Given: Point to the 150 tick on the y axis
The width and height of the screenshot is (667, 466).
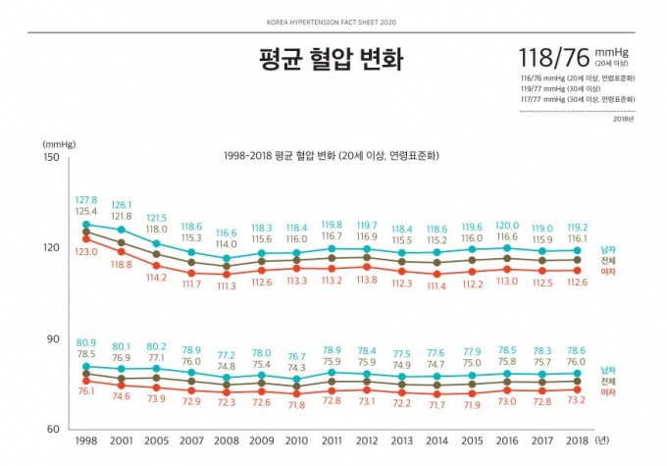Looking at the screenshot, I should point(51,157).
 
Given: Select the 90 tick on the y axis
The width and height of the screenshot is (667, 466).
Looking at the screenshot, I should point(54,338).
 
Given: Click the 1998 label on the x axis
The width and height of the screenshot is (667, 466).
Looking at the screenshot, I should point(86,442).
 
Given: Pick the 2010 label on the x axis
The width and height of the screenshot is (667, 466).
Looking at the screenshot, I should point(297,442).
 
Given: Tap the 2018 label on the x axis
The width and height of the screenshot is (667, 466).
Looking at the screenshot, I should point(578,442).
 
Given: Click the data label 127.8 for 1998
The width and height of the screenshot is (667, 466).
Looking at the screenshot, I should point(86,200).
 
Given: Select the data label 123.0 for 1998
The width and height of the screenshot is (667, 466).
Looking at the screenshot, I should point(86,252).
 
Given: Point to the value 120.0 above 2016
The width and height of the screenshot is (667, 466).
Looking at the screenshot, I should point(507,226).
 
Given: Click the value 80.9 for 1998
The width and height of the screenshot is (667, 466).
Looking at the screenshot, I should point(86,342).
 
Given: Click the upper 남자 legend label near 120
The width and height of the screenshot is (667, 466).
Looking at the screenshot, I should point(608,249).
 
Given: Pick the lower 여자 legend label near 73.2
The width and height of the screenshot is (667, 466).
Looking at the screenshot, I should point(608,391).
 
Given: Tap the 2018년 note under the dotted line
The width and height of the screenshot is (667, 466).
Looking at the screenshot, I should point(623,119).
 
